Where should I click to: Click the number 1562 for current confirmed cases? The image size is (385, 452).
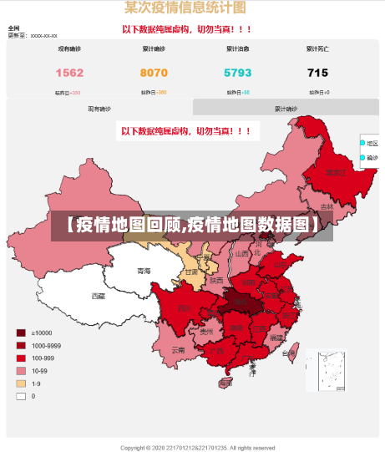point(69,73)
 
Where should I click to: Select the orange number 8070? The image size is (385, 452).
point(154,73)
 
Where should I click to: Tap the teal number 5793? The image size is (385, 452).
point(237,73)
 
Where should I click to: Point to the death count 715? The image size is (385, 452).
point(317,73)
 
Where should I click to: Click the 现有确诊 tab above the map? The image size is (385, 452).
point(99,109)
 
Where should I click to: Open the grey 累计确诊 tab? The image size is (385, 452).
point(286,109)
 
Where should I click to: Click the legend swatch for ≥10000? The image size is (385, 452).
point(21,333)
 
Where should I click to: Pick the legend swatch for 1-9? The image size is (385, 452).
point(21,383)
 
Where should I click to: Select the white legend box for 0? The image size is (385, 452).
point(21,396)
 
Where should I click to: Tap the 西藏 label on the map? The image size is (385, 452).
point(99,296)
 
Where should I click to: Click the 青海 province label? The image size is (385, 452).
point(144,271)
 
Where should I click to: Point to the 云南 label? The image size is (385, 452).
point(177,350)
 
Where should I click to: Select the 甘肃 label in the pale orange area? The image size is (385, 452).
point(192,272)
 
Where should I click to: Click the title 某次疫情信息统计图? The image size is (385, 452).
point(185,8)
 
